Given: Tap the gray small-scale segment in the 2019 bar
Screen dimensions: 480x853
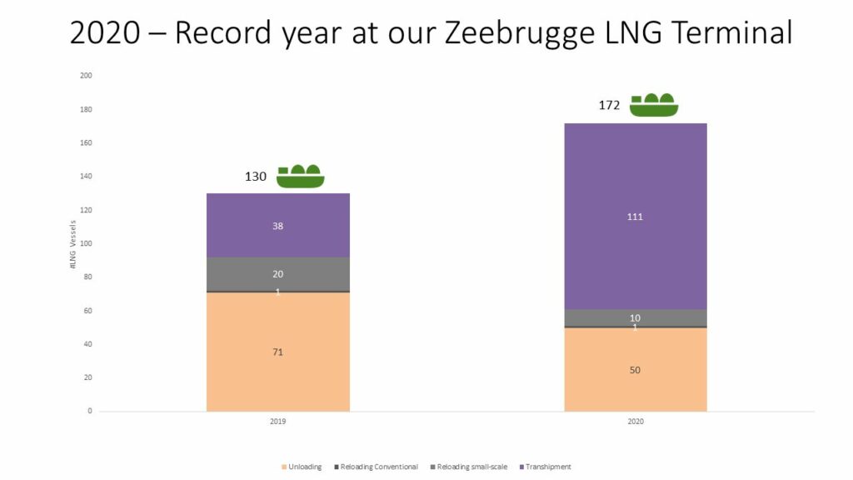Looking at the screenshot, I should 277,274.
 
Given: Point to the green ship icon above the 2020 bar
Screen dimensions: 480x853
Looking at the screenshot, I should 654,105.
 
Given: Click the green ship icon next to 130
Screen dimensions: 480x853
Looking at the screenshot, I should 300,176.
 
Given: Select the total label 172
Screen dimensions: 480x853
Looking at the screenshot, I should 610,106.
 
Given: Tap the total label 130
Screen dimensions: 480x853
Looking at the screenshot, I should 256,177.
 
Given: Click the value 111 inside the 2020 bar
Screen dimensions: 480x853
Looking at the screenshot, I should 636,217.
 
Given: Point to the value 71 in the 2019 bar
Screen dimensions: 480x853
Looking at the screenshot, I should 277,352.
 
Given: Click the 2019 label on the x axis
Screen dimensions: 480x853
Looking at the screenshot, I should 277,422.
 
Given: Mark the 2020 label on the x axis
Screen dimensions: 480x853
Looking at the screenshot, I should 636,422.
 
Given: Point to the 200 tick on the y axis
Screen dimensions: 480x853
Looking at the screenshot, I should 85,76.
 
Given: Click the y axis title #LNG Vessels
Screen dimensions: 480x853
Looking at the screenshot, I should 72,243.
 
